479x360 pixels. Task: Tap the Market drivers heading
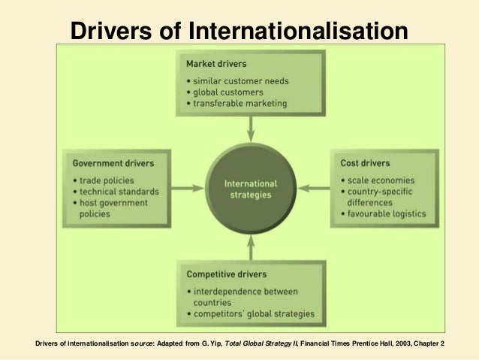216,65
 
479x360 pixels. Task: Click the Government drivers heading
113,162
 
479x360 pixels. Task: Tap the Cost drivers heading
365,163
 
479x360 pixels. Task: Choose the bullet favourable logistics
385,213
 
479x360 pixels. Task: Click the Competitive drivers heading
227,274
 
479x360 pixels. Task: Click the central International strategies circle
251,189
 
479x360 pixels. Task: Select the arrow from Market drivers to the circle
251,129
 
